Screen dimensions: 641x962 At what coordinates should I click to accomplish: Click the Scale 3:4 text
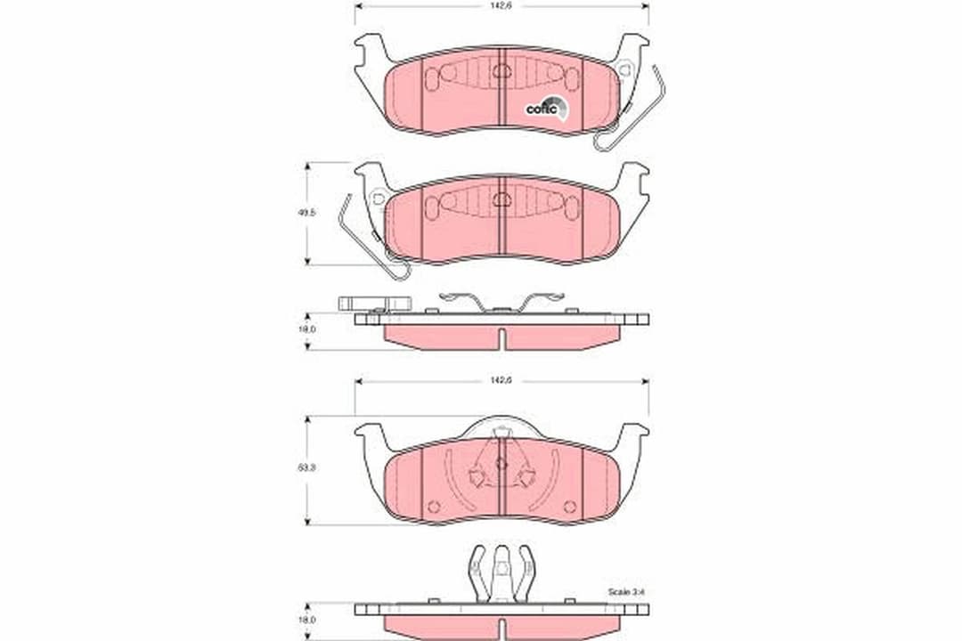pyautogui.click(x=626, y=591)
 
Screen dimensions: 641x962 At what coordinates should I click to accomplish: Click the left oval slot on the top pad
pyautogui.click(x=432, y=78)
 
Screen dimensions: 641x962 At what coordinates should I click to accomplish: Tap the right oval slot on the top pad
pyautogui.click(x=572, y=78)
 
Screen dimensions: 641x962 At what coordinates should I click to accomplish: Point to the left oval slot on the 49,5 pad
pyautogui.click(x=432, y=207)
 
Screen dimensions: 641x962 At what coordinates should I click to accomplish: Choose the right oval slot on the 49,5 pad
pyautogui.click(x=572, y=207)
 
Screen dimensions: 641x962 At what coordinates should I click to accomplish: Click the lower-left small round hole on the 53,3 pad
pyautogui.click(x=434, y=506)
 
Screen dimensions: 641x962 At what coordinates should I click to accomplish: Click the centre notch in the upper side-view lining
pyautogui.click(x=502, y=339)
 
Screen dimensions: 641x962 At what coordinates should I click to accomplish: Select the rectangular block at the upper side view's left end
pyautogui.click(x=374, y=304)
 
